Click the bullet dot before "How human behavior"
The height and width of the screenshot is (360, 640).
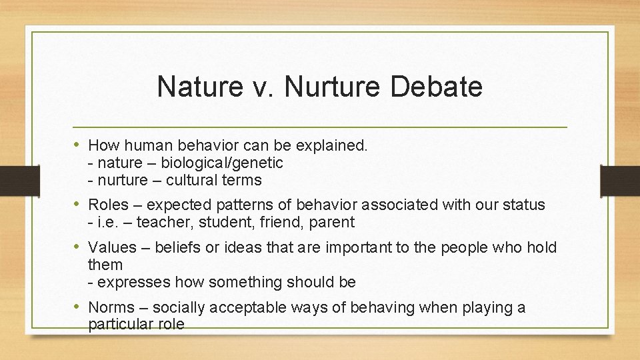78,145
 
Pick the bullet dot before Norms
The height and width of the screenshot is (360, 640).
78,307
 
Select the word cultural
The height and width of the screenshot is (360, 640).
191,180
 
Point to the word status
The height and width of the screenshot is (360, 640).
523,205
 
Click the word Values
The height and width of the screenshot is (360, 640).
111,248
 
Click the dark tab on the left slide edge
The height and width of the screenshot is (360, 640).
10,181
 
